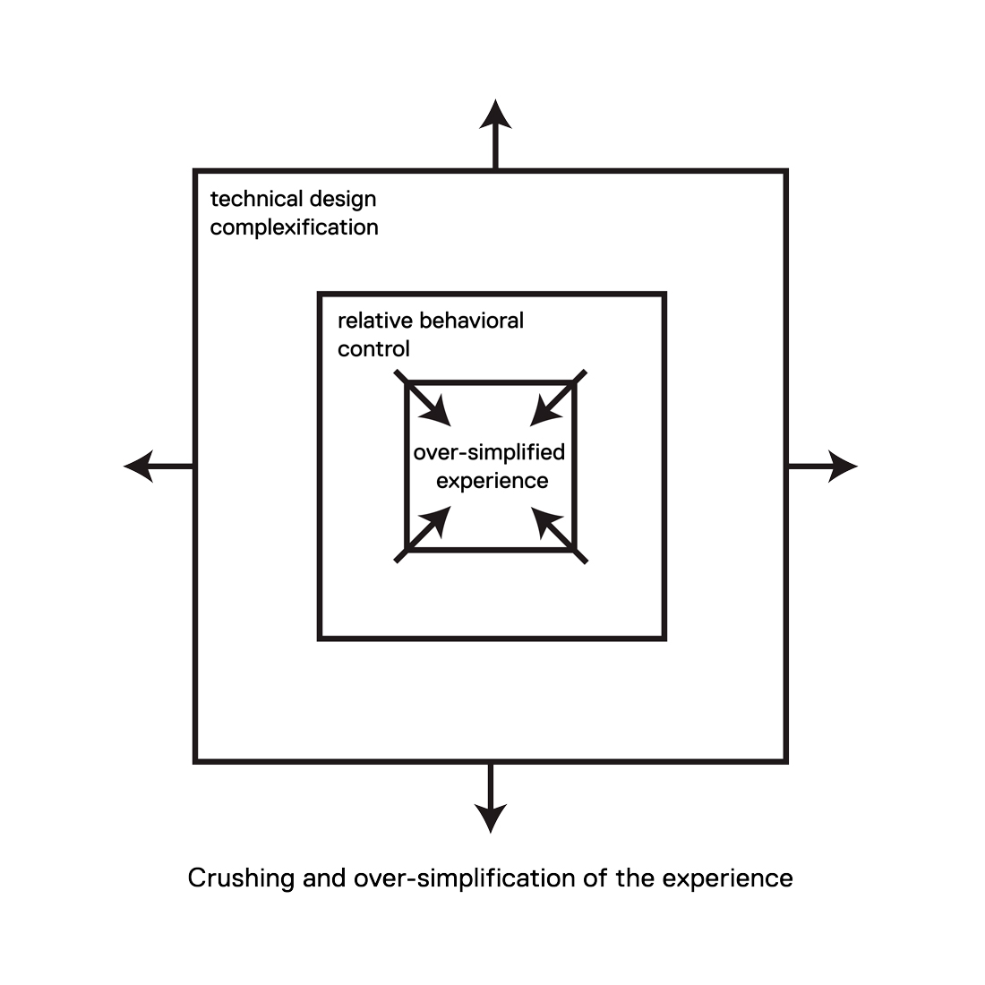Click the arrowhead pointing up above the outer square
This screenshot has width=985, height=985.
click(495, 115)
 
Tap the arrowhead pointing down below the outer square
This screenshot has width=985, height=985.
click(490, 817)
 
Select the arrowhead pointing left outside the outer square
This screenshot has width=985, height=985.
click(139, 466)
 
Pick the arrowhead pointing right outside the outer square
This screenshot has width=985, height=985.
click(842, 466)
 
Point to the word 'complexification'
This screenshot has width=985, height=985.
click(294, 227)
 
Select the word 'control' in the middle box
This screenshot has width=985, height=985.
click(373, 348)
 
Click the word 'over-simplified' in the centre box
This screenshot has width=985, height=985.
click(489, 451)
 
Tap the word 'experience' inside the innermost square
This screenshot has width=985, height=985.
click(492, 480)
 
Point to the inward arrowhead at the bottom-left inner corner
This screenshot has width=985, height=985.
click(438, 518)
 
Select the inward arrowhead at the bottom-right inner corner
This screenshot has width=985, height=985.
click(544, 519)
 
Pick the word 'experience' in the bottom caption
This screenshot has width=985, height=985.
click(727, 878)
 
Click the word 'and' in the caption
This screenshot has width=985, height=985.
click(323, 878)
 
